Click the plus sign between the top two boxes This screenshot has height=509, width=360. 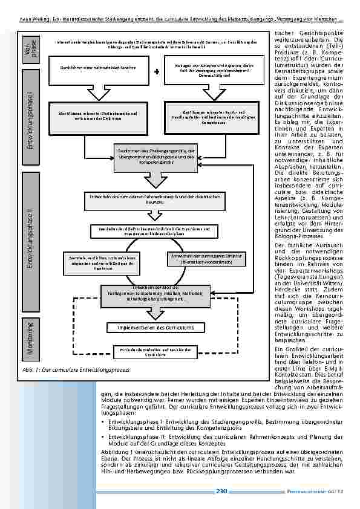click(x=156, y=71)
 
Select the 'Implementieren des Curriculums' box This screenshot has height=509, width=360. click(x=151, y=328)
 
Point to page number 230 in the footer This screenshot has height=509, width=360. click(x=221, y=491)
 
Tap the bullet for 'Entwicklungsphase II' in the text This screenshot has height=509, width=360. click(x=103, y=434)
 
